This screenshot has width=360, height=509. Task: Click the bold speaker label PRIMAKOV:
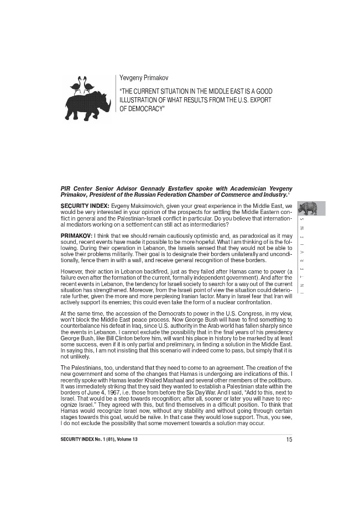click(76, 236)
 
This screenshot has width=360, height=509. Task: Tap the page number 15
click(289, 439)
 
